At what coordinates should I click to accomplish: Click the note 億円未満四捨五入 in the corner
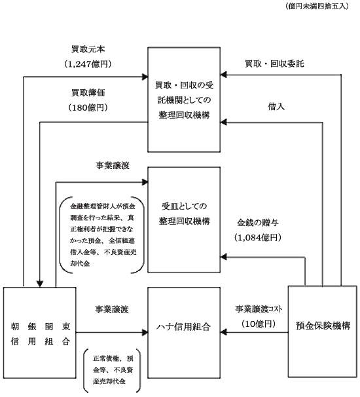pos(317,6)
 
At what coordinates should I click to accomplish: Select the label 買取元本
pos(88,49)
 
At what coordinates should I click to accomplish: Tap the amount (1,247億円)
pos(88,64)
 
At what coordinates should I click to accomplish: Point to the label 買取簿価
pos(88,92)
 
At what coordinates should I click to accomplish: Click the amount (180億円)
pos(88,107)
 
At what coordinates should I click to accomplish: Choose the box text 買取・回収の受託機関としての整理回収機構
pos(184,100)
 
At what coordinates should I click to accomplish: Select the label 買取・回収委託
pos(274,64)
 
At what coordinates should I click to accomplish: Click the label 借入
pos(276,107)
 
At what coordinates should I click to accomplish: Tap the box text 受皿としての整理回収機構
pos(184,214)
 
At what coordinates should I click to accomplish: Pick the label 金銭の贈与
pos(258,223)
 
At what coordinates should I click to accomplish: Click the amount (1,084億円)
pos(258,238)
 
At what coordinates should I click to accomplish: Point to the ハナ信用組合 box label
pos(183,327)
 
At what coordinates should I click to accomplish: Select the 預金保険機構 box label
pos(323,326)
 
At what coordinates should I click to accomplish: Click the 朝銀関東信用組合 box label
pos(41,334)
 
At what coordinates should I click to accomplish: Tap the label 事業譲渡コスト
pos(259,309)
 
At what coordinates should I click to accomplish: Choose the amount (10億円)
pos(259,324)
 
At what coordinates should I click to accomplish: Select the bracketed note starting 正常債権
pos(113,370)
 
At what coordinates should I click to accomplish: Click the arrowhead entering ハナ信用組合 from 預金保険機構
pos(223,332)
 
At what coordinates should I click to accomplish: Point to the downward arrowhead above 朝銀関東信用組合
pos(40,284)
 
